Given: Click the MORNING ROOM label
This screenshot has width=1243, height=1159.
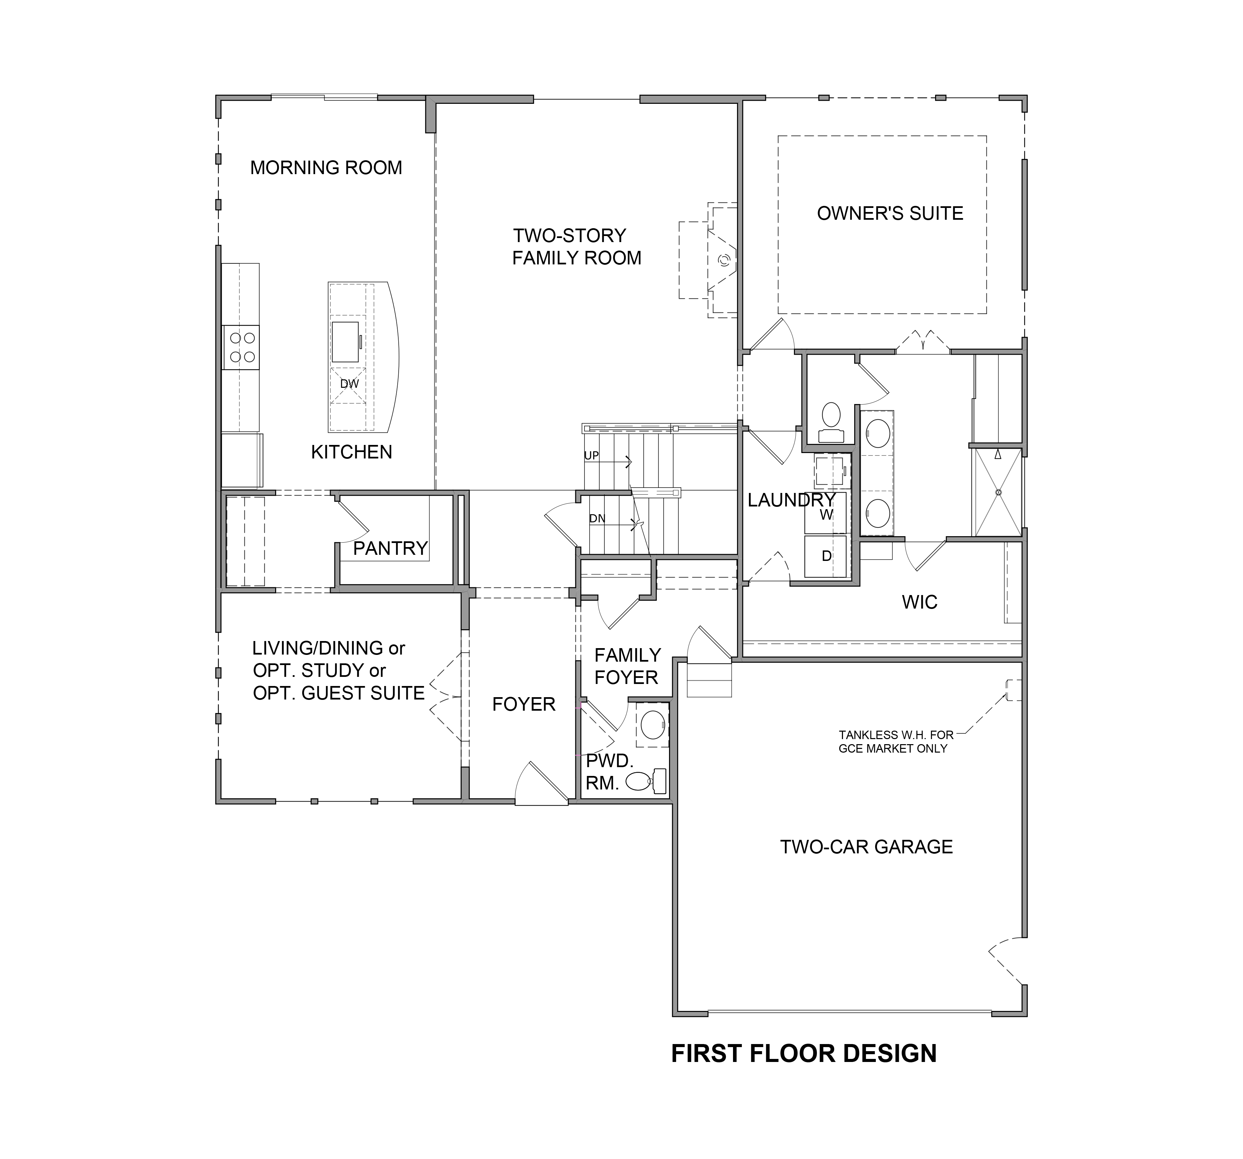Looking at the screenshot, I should tap(326, 167).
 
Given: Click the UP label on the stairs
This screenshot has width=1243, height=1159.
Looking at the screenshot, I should tap(592, 455).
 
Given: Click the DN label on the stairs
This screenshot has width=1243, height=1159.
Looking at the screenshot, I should tap(597, 518).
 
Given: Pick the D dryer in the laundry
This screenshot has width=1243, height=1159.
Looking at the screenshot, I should tap(826, 555).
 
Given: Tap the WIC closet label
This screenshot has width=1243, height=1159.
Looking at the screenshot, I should tap(919, 602).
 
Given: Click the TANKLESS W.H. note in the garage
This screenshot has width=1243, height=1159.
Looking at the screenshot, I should tap(895, 742).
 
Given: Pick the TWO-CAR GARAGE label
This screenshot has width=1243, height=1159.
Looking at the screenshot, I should tap(866, 847).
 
